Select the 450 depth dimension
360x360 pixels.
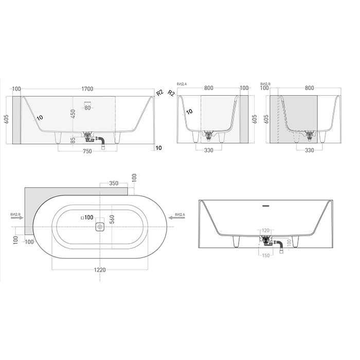click(74, 114)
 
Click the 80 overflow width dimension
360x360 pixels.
click(87, 108)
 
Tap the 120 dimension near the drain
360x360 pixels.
click(266, 231)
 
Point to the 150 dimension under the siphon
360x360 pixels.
click(266, 255)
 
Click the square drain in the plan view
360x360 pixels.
click(100, 226)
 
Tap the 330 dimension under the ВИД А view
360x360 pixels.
click(209, 150)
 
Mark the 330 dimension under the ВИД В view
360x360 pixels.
click(309, 150)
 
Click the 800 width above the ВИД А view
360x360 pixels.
click(209, 88)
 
